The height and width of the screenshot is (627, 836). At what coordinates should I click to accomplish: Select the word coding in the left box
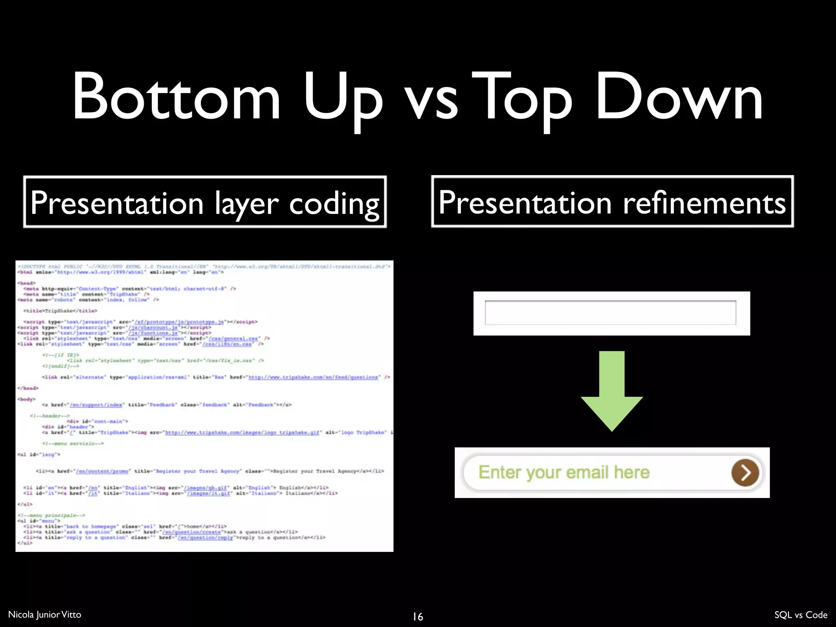coord(334,204)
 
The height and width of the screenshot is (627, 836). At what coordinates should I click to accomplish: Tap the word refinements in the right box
coord(704,203)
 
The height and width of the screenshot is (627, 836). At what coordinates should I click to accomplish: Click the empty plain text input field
coord(610,313)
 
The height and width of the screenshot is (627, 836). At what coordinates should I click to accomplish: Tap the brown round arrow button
coord(745,473)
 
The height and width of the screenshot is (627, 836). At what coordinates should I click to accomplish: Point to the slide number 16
coord(418,616)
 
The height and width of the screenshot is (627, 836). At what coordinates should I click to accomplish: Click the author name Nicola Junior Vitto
coord(44,614)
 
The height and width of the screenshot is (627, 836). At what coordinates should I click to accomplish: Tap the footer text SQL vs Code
coord(800,615)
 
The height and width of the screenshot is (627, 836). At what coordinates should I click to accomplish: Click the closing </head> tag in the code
coord(28,388)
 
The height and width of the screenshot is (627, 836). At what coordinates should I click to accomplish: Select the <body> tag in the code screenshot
coord(27,399)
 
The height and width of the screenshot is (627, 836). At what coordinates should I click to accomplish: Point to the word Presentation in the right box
coord(525,203)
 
